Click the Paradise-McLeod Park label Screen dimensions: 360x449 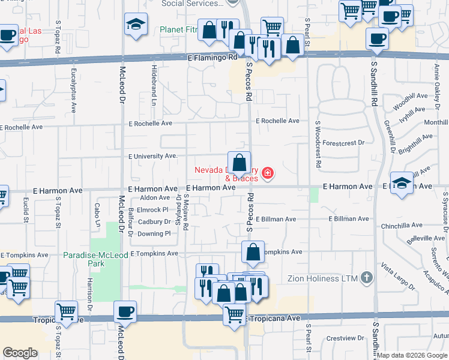coord(95,259)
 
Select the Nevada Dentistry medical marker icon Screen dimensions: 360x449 coord(268,175)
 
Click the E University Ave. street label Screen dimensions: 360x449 coord(153,156)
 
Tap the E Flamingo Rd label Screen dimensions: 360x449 coord(213,58)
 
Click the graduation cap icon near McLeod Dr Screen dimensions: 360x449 coord(136,25)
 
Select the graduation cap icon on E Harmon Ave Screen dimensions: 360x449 coord(401,182)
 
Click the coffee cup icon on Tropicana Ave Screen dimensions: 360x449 coord(125,311)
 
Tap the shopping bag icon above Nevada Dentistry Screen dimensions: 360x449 coord(239,162)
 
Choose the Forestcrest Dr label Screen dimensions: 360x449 coord(343,143)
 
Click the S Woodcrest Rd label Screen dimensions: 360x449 coord(318,143)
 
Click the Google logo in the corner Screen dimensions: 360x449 coord(20,353)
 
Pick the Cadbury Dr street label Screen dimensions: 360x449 coord(154,222)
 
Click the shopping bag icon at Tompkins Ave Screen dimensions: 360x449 coord(253,252)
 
